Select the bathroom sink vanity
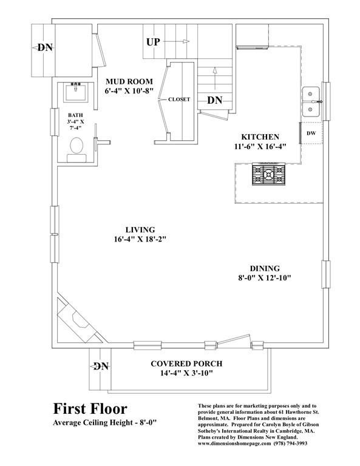coord(77,95)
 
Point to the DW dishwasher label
coord(311,132)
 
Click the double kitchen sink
coord(312,103)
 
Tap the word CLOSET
coord(179,99)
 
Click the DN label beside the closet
coord(215,101)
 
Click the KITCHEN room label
coord(260,137)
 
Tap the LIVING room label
coord(140,230)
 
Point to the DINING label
coord(264,268)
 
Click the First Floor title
coord(90,408)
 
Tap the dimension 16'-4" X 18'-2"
coord(140,240)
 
